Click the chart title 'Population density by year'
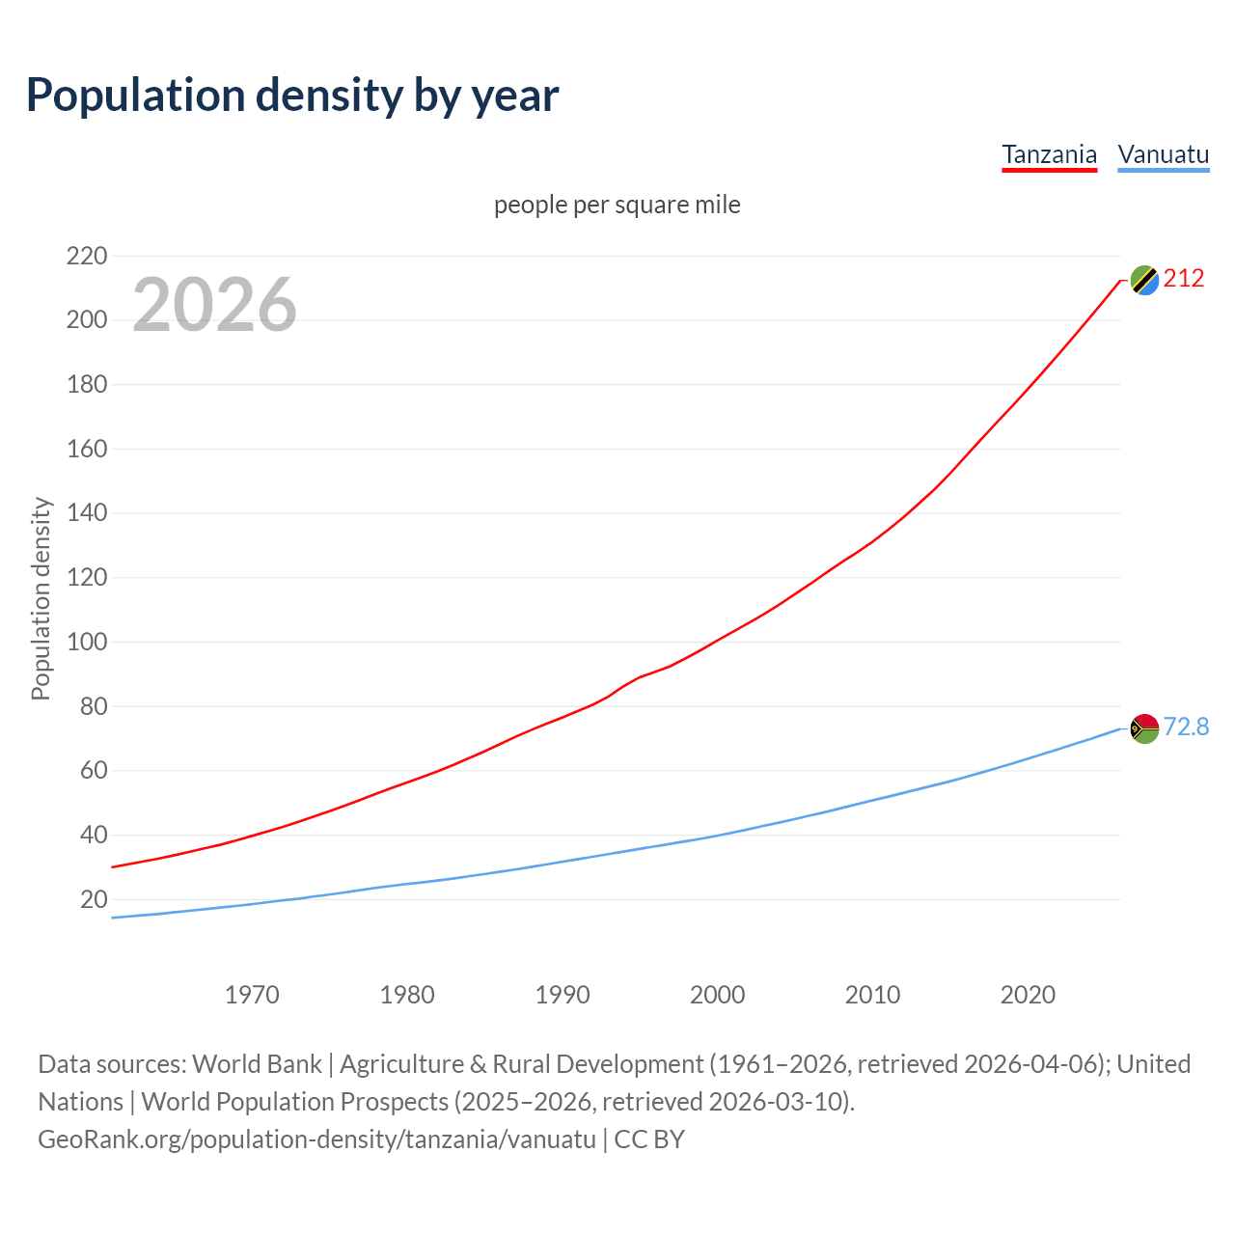click(292, 96)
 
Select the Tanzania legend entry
click(1049, 154)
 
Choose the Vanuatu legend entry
click(1163, 154)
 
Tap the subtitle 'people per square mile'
click(617, 205)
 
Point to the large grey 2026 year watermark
click(214, 305)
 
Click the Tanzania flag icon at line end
click(1144, 280)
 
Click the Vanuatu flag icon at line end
click(1144, 728)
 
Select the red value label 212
click(1184, 279)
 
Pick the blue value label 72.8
click(1186, 727)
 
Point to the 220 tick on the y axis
click(86, 256)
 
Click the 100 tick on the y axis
click(86, 642)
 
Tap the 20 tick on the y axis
click(94, 899)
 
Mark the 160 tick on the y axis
click(86, 449)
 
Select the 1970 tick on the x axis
click(252, 995)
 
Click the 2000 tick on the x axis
click(717, 995)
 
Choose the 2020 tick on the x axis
click(1028, 995)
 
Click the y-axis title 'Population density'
click(41, 598)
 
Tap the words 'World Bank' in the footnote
click(257, 1064)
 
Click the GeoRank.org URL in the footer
click(316, 1139)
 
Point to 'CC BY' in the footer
click(649, 1139)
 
